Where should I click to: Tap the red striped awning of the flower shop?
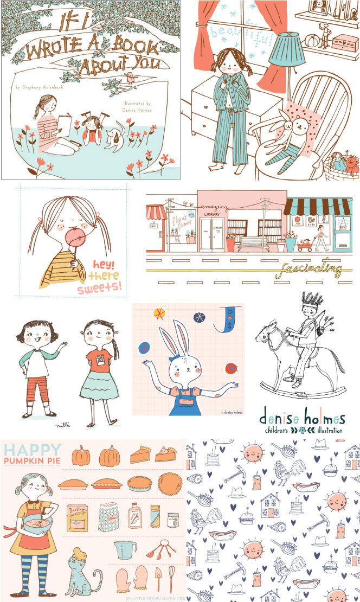[x=156, y=212]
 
